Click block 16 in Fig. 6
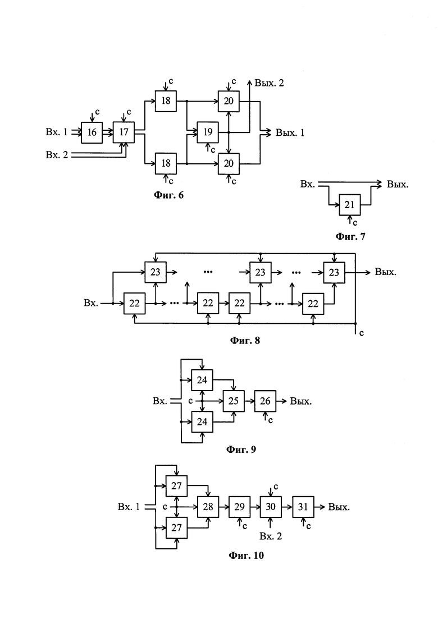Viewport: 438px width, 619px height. tap(92, 132)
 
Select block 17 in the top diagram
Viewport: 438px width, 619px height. tap(124, 132)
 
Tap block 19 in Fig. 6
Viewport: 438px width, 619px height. tap(207, 132)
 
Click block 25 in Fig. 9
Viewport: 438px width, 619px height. tap(234, 401)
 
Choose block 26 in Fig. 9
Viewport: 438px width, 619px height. tap(265, 401)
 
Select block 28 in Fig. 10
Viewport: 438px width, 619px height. tap(207, 507)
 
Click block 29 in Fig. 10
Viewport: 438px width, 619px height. tap(239, 507)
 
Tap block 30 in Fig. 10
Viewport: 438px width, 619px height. tap(270, 507)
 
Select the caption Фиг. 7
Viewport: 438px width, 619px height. tap(350, 237)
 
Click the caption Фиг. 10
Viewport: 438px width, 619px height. tap(246, 556)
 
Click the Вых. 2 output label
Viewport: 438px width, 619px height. tap(269, 83)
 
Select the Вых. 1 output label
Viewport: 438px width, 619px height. tap(289, 133)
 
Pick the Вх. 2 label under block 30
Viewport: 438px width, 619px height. tap(271, 536)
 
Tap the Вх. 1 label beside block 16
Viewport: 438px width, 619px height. tap(57, 132)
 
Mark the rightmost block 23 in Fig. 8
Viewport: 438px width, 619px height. tap(334, 272)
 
